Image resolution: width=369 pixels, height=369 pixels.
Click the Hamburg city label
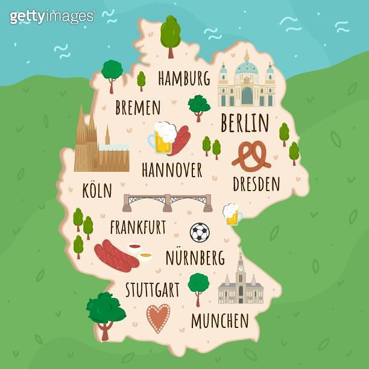(184, 78)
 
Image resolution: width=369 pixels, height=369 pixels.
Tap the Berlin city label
(244, 123)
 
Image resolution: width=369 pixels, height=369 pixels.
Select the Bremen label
(137, 108)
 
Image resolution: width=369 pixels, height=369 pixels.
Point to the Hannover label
(172, 170)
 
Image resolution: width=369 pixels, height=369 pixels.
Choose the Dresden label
(256, 183)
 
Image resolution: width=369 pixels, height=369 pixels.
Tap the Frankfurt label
(137, 227)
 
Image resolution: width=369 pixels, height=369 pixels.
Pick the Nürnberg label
(194, 258)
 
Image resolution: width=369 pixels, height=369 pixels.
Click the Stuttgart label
(152, 289)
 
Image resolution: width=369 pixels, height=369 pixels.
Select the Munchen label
(219, 321)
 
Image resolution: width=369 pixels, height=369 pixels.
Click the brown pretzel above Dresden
(252, 157)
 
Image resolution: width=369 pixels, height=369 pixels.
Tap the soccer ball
(200, 232)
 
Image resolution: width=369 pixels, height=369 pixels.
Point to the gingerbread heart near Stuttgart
(158, 318)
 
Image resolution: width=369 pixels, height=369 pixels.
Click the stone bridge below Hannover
(168, 202)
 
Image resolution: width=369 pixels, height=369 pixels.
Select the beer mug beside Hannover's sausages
(162, 137)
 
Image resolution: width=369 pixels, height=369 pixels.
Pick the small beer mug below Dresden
(232, 214)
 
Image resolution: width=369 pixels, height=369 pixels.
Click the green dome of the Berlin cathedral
(246, 66)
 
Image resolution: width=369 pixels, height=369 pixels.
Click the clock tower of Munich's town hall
(241, 265)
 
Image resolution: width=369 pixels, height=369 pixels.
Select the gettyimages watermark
(52, 16)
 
